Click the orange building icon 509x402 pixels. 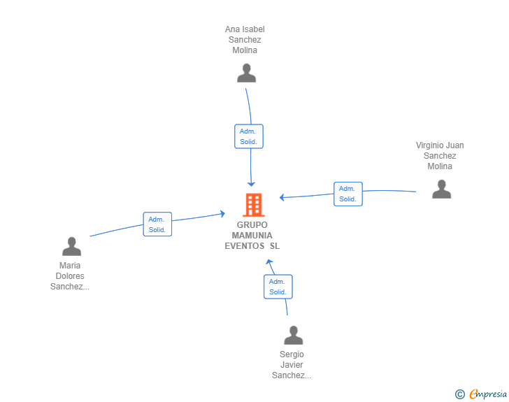(x=254, y=205)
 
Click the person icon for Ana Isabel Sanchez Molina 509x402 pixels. (x=246, y=73)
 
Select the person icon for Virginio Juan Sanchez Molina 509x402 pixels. (x=441, y=189)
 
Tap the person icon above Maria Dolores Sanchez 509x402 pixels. (x=71, y=247)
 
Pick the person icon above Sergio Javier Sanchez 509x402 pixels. (x=293, y=335)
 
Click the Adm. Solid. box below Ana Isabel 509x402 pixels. (x=249, y=136)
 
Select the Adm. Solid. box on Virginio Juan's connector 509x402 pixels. (x=348, y=194)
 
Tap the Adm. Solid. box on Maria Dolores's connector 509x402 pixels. (x=157, y=224)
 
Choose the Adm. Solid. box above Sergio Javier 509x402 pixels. (x=278, y=287)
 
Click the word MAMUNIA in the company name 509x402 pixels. (x=252, y=236)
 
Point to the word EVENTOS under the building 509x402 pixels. (x=245, y=246)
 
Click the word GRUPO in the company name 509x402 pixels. (x=252, y=225)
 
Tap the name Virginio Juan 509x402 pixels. (x=440, y=145)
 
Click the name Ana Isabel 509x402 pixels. (x=245, y=29)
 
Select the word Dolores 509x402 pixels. (x=70, y=276)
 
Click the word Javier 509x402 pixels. (x=292, y=365)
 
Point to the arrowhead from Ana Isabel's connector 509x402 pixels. (x=251, y=184)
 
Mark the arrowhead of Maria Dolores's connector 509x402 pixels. (x=222, y=213)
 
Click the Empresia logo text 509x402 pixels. (x=488, y=394)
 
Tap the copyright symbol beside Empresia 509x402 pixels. (x=460, y=394)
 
